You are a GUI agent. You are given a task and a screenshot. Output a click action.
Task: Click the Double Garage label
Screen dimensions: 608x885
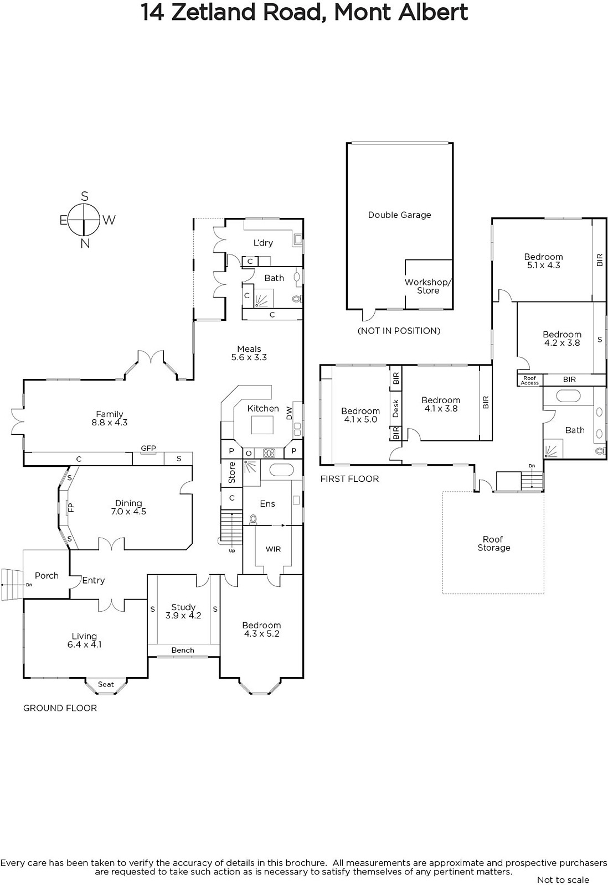point(400,215)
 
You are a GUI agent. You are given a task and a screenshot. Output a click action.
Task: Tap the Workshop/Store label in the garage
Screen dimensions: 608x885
point(428,286)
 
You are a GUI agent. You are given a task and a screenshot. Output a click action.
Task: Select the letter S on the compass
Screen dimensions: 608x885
point(85,196)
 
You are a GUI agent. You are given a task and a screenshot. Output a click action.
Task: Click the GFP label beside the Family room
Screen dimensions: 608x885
point(148,448)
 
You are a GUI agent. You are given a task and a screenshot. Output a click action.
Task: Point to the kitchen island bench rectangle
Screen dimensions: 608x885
point(262,425)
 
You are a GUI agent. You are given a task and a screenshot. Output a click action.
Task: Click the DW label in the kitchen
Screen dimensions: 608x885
point(289,413)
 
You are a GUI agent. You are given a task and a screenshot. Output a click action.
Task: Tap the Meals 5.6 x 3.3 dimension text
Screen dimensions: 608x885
point(249,357)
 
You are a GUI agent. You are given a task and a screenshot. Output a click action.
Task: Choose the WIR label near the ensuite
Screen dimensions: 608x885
point(273,549)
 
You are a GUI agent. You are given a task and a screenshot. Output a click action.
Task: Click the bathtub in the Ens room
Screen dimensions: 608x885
point(282,470)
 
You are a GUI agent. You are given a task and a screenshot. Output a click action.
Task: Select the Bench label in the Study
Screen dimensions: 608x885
point(183,650)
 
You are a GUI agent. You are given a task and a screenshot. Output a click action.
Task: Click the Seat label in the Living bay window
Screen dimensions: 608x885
point(106,684)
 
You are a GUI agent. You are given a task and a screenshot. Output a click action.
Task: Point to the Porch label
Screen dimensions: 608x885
point(47,576)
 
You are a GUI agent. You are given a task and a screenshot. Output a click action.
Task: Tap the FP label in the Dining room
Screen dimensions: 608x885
point(71,507)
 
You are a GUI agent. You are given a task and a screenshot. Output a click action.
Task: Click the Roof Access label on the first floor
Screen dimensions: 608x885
point(530,380)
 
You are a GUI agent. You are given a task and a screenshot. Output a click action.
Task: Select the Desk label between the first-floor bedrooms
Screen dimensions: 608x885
point(395,409)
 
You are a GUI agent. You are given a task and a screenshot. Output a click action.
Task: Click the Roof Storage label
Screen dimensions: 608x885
point(494,543)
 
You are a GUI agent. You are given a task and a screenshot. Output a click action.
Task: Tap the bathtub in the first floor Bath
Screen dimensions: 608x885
point(569,395)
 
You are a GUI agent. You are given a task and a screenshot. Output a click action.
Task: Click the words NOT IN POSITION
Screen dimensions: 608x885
point(399,331)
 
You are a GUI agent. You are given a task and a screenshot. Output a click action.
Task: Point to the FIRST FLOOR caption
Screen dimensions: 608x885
point(350,479)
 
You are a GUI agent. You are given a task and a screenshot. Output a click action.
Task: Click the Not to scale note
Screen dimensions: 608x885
point(563,879)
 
